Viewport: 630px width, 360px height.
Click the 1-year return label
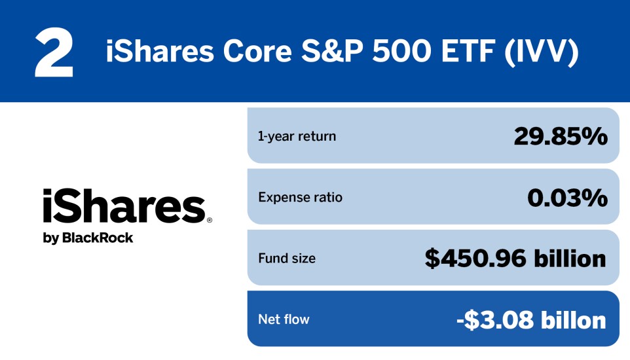[x=297, y=137]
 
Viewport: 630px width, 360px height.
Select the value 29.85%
[x=561, y=136]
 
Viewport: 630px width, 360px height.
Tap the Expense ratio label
[x=300, y=197]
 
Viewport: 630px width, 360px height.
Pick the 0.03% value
[x=567, y=197]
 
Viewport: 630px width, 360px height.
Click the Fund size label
[x=286, y=259]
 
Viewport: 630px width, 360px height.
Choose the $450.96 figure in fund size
[x=476, y=259]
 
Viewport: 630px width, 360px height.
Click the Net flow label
[x=284, y=319]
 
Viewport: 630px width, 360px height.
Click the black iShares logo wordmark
[x=124, y=207]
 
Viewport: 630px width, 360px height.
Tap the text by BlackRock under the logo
[x=88, y=238]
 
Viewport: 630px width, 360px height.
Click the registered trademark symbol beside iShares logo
[x=210, y=221]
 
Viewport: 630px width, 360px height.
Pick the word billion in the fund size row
[x=566, y=259]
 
